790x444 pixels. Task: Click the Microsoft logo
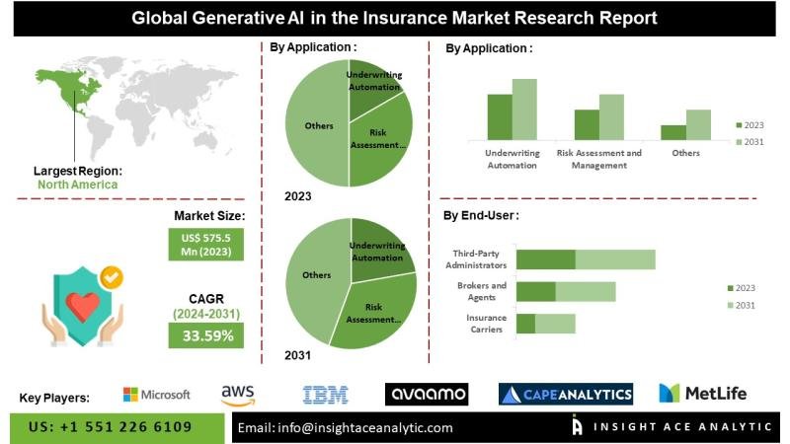coord(156,395)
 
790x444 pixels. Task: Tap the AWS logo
coord(238,395)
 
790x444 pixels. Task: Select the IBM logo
coord(325,395)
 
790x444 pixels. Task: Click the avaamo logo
coord(426,395)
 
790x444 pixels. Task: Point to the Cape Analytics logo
coord(566,395)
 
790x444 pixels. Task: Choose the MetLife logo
coord(702,394)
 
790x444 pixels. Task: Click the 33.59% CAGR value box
coord(207,335)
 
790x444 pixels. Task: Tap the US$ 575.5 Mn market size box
coord(206,243)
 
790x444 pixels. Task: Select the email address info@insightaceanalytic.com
coord(346,427)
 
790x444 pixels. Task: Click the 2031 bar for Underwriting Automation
coord(524,109)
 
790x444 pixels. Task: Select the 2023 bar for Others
coord(673,132)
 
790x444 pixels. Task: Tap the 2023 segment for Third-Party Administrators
coord(546,259)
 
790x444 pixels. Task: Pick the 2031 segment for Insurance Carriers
coord(555,324)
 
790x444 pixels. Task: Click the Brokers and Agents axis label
coord(482,291)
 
